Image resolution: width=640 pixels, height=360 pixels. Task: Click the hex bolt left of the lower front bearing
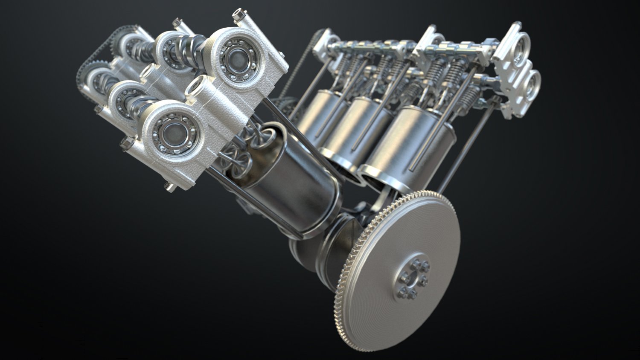pos(127,143)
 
